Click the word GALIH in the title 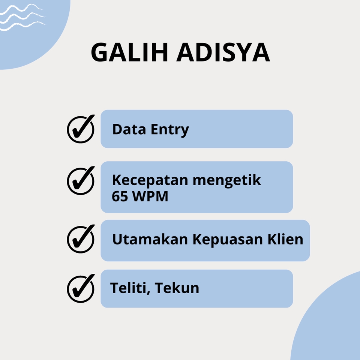tap(130, 53)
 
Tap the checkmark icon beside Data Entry tap(81, 129)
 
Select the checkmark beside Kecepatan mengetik tap(81, 181)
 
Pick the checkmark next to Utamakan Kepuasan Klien tap(81, 239)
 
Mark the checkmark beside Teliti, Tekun tap(81, 288)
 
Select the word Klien tap(286, 239)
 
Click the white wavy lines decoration tap(22, 17)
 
